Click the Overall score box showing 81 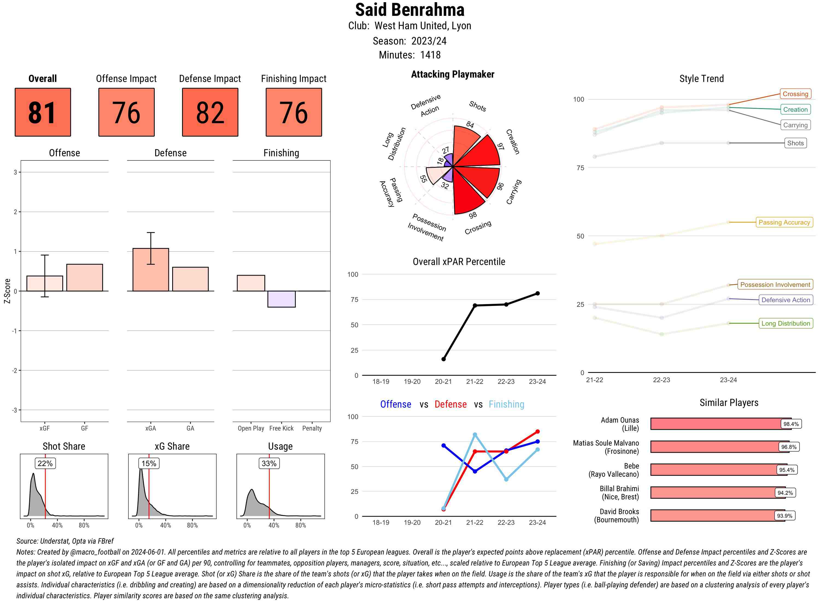click(x=43, y=112)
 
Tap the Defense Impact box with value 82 click(x=210, y=112)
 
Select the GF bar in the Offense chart click(x=84, y=278)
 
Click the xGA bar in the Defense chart click(x=151, y=270)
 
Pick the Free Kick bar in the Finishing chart click(x=281, y=299)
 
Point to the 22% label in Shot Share click(x=45, y=463)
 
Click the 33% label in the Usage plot click(x=269, y=463)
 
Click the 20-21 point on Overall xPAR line click(x=443, y=359)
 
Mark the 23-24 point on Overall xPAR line click(x=537, y=293)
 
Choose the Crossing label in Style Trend click(x=795, y=94)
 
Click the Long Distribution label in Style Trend click(x=786, y=323)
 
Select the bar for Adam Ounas click(x=720, y=424)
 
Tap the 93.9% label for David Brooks click(x=784, y=515)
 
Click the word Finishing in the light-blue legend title click(x=506, y=404)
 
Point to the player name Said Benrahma click(x=410, y=10)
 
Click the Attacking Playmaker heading click(x=452, y=74)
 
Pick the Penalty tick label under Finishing click(x=312, y=428)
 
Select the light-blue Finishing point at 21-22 click(x=475, y=435)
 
